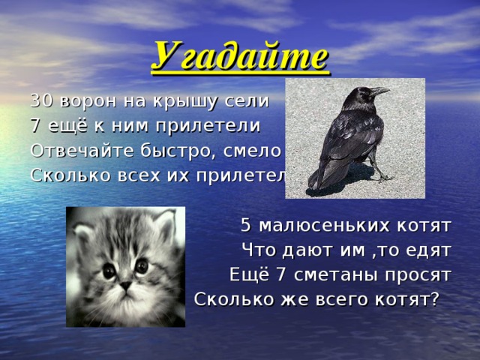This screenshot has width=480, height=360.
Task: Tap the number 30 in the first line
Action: tap(40, 100)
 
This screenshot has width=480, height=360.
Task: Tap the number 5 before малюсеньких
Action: tap(246, 225)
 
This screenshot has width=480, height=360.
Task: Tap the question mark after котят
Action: tap(433, 299)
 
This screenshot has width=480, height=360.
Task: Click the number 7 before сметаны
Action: tap(281, 274)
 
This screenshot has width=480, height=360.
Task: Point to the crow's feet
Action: tap(383, 178)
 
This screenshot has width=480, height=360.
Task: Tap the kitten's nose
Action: tap(125, 286)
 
